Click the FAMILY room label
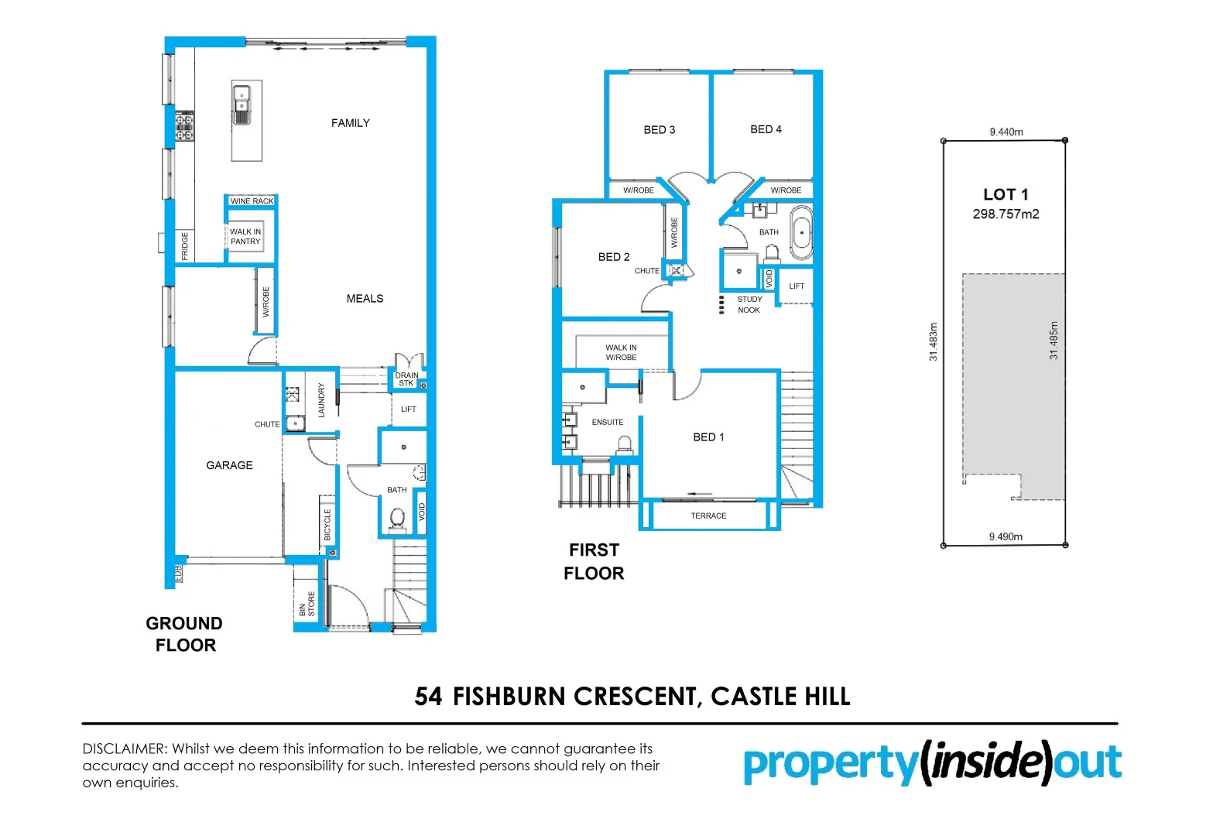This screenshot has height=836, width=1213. [350, 123]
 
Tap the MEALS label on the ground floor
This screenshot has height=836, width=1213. [365, 299]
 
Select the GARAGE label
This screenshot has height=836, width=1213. [229, 465]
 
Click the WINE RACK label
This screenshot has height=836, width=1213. [252, 201]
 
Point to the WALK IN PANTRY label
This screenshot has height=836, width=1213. [245, 237]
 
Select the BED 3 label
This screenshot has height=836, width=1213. [659, 130]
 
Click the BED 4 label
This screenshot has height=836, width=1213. [766, 129]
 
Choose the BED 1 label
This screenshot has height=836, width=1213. [708, 437]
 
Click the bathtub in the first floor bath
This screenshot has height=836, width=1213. [801, 232]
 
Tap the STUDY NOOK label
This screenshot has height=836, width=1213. [749, 305]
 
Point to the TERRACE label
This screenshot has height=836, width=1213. [708, 516]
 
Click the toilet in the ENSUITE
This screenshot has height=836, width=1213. [625, 445]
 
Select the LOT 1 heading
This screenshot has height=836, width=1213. [1006, 194]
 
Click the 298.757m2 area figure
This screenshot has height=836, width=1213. [1006, 214]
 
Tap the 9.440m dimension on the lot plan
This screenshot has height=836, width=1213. [1006, 132]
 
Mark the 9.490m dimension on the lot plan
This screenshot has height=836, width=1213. [1006, 536]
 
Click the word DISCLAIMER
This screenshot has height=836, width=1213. [124, 749]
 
